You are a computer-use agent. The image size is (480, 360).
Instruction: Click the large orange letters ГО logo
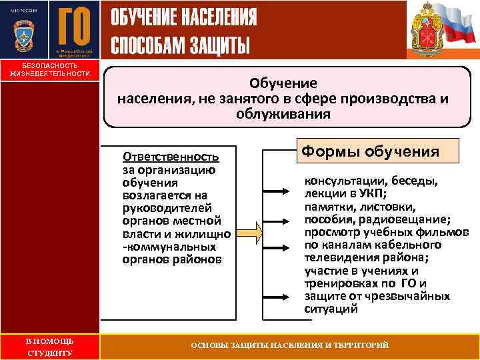click(x=74, y=26)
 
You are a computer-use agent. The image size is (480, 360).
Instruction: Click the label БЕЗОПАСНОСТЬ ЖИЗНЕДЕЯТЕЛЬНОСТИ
click(x=49, y=69)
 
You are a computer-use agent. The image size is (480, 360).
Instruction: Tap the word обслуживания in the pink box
click(x=283, y=114)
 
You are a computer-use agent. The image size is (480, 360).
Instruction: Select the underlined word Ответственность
click(x=171, y=157)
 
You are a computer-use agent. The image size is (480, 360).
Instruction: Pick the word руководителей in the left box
click(x=163, y=207)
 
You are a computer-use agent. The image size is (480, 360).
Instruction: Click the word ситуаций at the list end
click(x=331, y=309)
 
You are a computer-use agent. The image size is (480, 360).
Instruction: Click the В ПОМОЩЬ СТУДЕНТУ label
click(x=49, y=347)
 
